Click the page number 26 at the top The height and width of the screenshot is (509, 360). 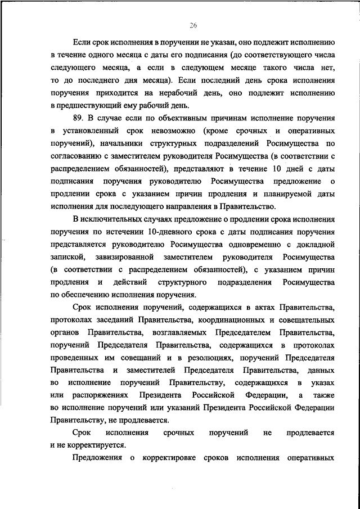coord(193,25)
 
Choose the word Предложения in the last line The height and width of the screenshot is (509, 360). coord(98,458)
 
